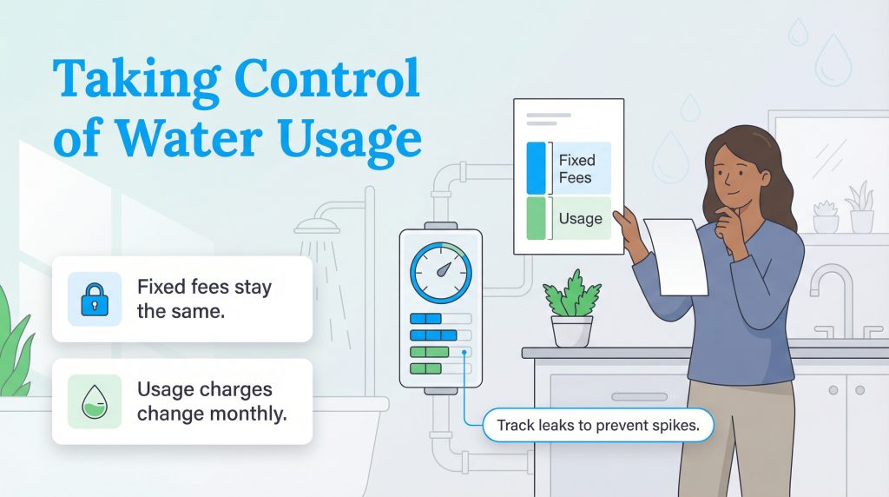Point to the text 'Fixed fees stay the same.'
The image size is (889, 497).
point(203,298)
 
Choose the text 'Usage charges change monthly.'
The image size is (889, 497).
point(212,401)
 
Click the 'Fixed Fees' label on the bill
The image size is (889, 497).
point(576,169)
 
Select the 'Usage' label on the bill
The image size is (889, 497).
point(580,218)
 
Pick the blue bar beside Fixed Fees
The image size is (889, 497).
point(536,169)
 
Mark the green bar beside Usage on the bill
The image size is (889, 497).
point(536,218)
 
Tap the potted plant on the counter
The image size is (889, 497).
point(572,308)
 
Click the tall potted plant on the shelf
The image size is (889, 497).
point(860,208)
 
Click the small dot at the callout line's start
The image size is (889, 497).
point(466,353)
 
